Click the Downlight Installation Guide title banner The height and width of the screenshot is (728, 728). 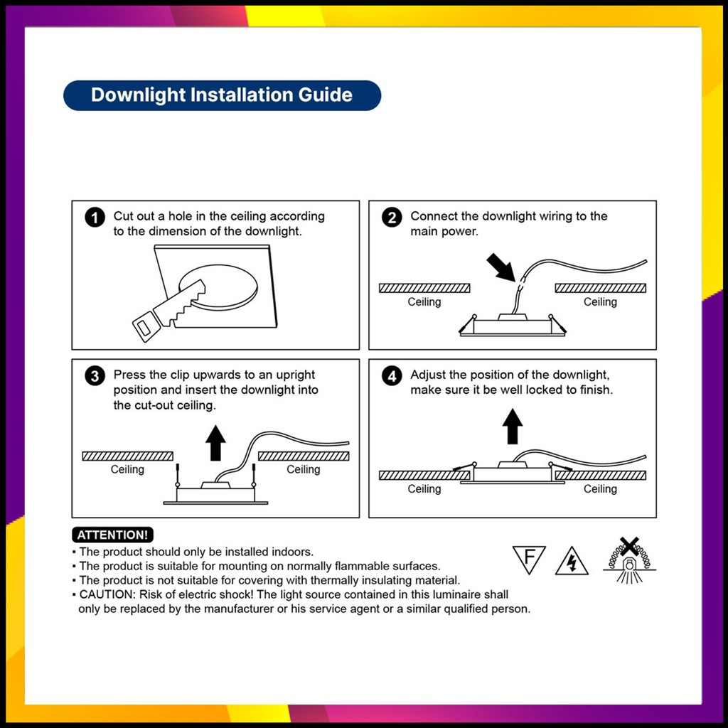222,95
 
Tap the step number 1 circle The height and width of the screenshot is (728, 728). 95,218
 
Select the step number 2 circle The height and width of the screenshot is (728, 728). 392,218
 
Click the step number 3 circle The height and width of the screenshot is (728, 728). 95,376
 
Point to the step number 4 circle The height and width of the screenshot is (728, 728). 392,376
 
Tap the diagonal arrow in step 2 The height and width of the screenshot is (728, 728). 501,267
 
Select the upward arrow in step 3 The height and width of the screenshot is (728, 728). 215,443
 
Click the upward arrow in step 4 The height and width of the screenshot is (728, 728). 512,427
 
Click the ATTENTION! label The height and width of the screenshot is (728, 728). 112,535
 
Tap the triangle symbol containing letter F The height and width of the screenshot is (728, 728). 529,559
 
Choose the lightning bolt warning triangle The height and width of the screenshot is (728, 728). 572,562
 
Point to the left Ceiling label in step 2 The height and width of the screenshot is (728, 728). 424,302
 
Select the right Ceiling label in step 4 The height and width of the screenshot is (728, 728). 600,489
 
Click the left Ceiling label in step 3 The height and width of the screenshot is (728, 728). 127,470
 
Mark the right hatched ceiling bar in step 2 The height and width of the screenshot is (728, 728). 600,288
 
